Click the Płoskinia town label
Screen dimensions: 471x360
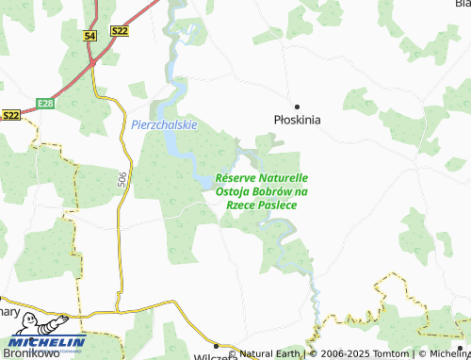(x=297, y=121)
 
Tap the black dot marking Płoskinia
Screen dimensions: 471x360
(x=297, y=106)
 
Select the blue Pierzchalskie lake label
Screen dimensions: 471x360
(x=164, y=124)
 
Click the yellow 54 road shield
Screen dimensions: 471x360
(x=89, y=35)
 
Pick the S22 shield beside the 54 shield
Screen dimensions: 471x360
(x=119, y=32)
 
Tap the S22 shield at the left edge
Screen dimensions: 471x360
(x=10, y=115)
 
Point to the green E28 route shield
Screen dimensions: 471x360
(x=48, y=103)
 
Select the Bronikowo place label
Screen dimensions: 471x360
(x=24, y=352)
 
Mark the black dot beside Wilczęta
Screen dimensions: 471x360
(x=216, y=346)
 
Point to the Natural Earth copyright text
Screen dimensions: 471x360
(x=269, y=353)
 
